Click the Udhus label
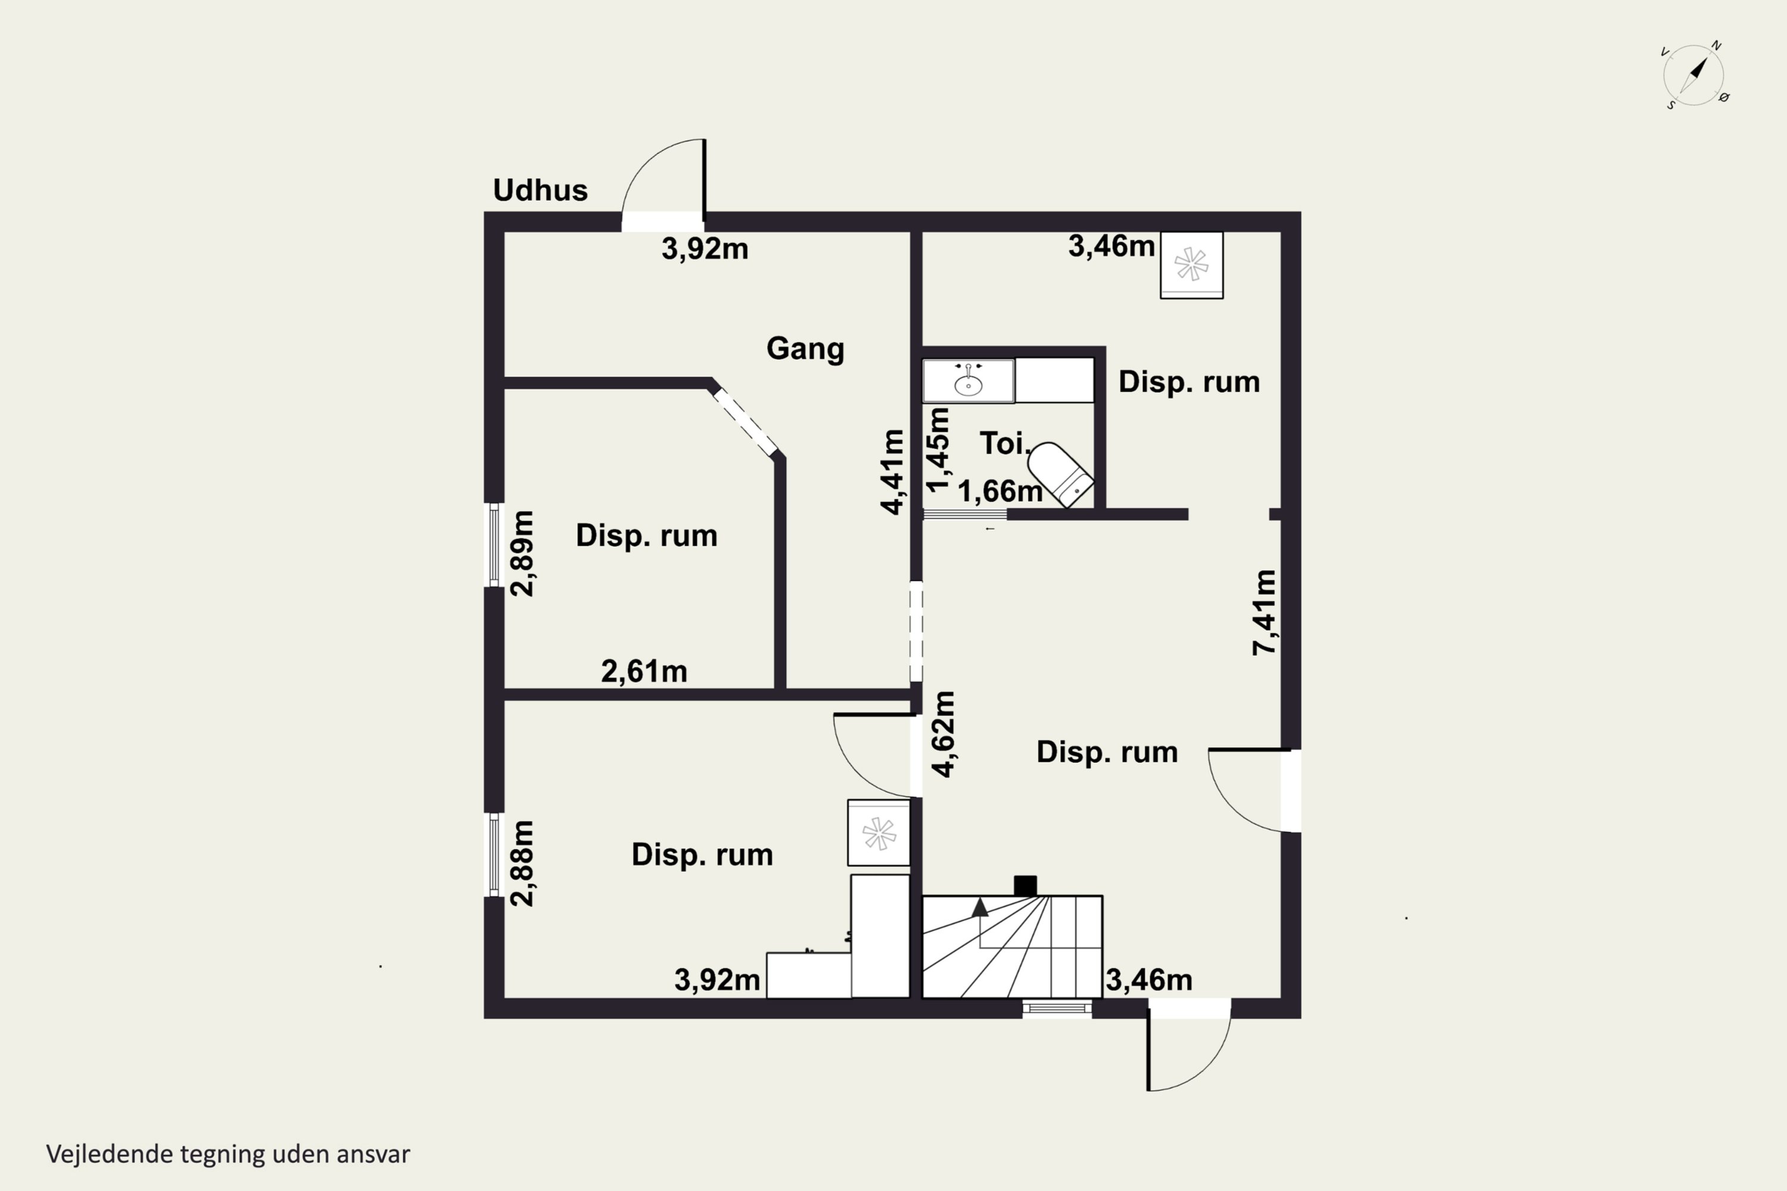(x=540, y=190)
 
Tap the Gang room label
(x=805, y=348)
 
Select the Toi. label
(x=1004, y=444)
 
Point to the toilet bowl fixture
(x=1061, y=474)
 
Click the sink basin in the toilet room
(x=968, y=381)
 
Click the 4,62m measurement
(x=943, y=734)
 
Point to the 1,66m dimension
(x=1000, y=491)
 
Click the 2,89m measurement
(x=522, y=554)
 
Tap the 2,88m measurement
(x=522, y=863)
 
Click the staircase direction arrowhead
(x=980, y=907)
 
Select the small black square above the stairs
(x=1025, y=886)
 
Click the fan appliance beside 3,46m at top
(x=1191, y=265)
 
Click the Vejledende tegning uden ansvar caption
(x=228, y=1154)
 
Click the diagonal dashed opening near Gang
(x=745, y=422)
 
